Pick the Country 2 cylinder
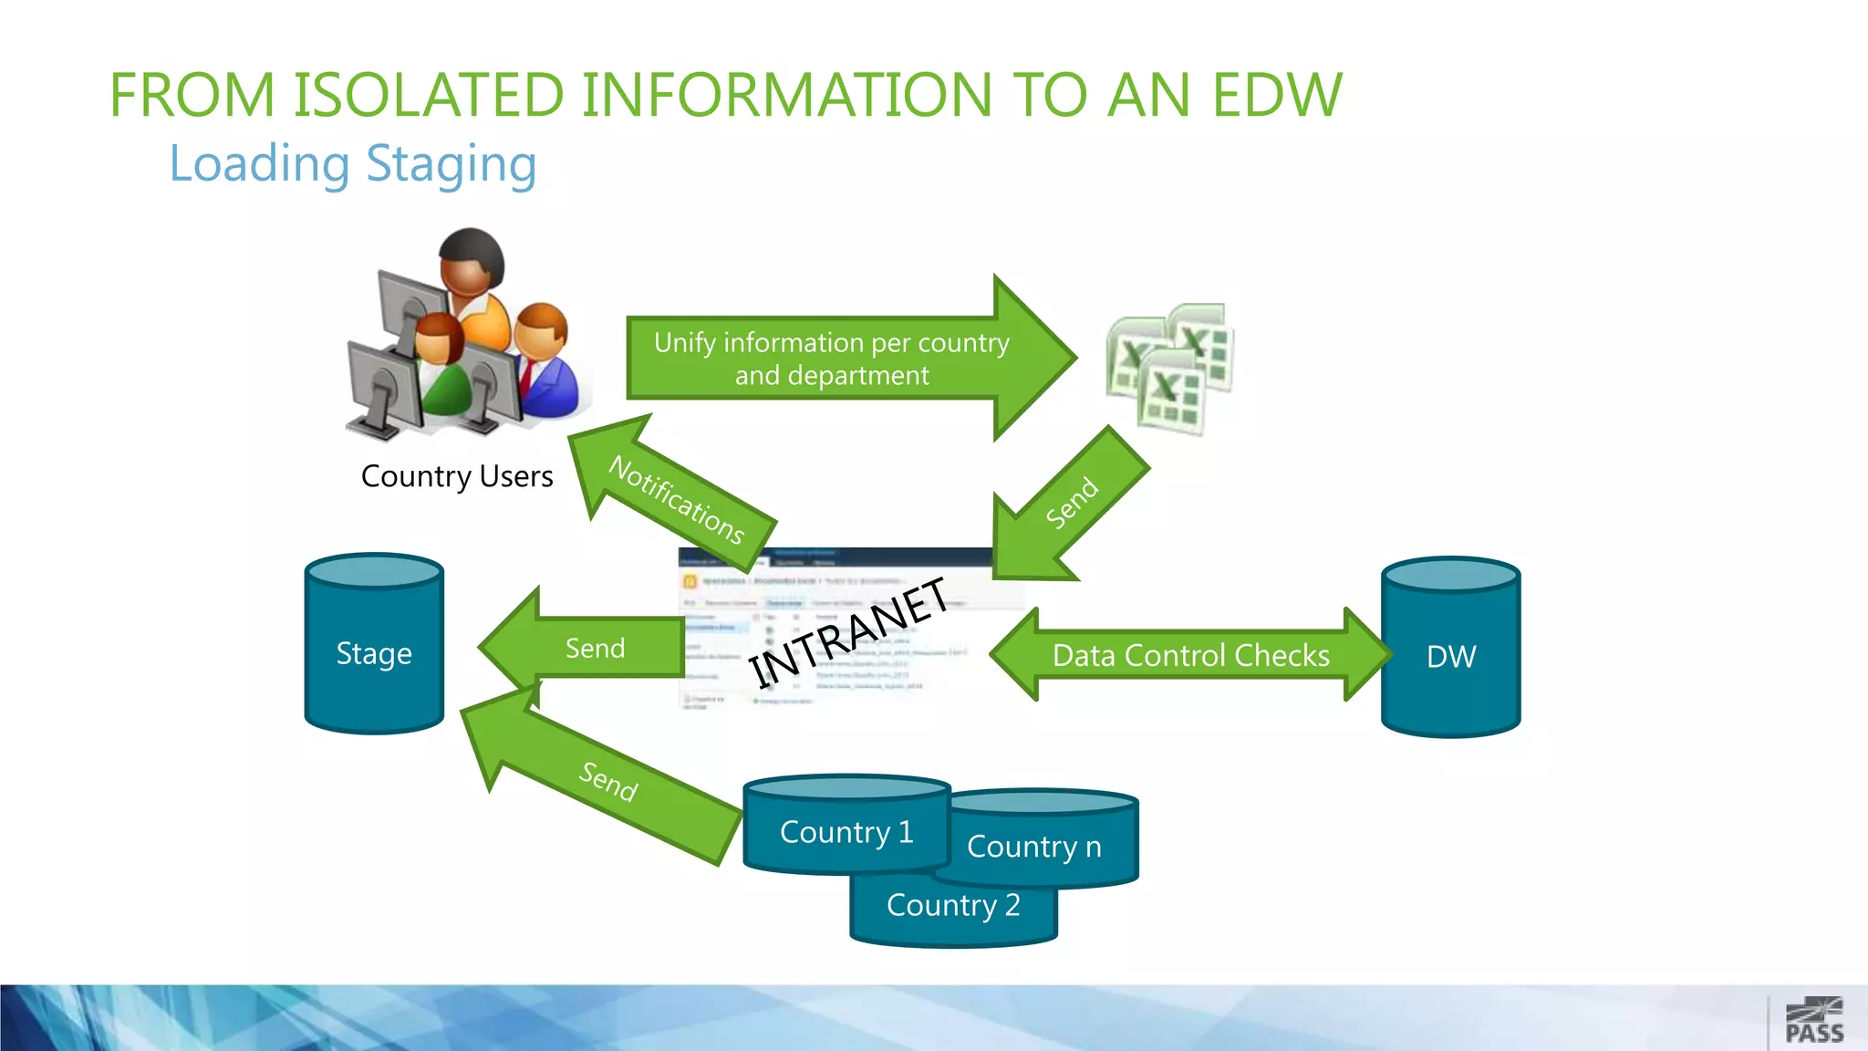[x=953, y=912]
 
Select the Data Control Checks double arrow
[x=1190, y=655]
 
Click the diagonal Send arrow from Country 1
[x=607, y=780]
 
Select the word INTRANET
[x=849, y=633]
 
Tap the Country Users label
[x=457, y=476]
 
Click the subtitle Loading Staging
[x=353, y=164]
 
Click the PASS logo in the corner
[x=1814, y=1021]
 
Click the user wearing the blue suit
[x=545, y=365]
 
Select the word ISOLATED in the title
[x=427, y=95]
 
